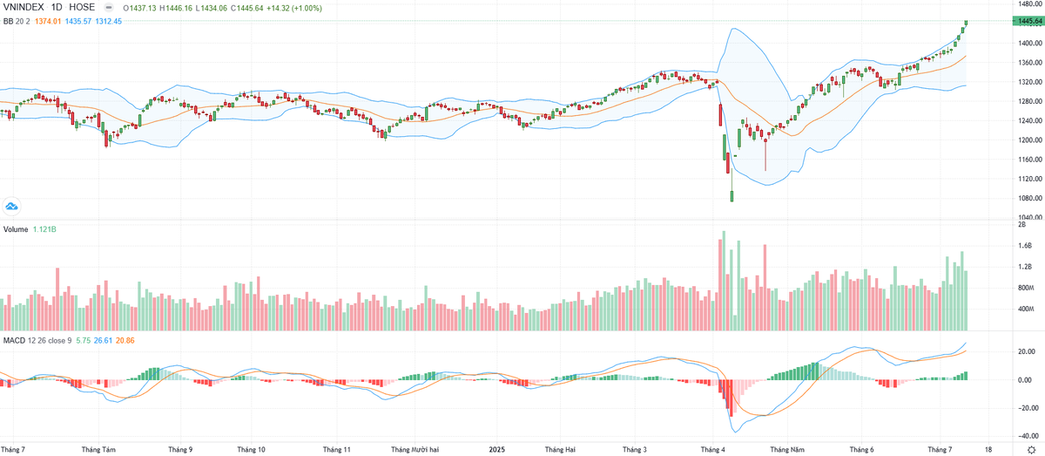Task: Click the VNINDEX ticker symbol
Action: coord(24,7)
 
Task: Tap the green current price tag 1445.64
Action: coord(1028,21)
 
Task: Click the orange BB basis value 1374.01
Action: coord(44,21)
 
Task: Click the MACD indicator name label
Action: coord(15,338)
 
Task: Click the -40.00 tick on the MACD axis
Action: coord(1028,437)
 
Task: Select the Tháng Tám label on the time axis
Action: coord(98,450)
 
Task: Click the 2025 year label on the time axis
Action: coord(496,450)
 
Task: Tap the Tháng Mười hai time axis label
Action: coord(415,450)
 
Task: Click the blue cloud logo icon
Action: coord(12,206)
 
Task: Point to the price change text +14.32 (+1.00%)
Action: coord(296,7)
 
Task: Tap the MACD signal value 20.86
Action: coord(125,338)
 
